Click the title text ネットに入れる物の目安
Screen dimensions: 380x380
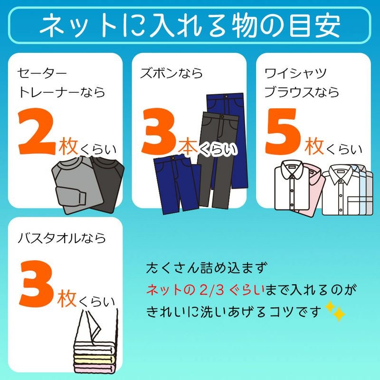point(190,27)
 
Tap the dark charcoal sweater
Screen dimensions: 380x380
point(107,183)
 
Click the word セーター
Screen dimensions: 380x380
point(42,73)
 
